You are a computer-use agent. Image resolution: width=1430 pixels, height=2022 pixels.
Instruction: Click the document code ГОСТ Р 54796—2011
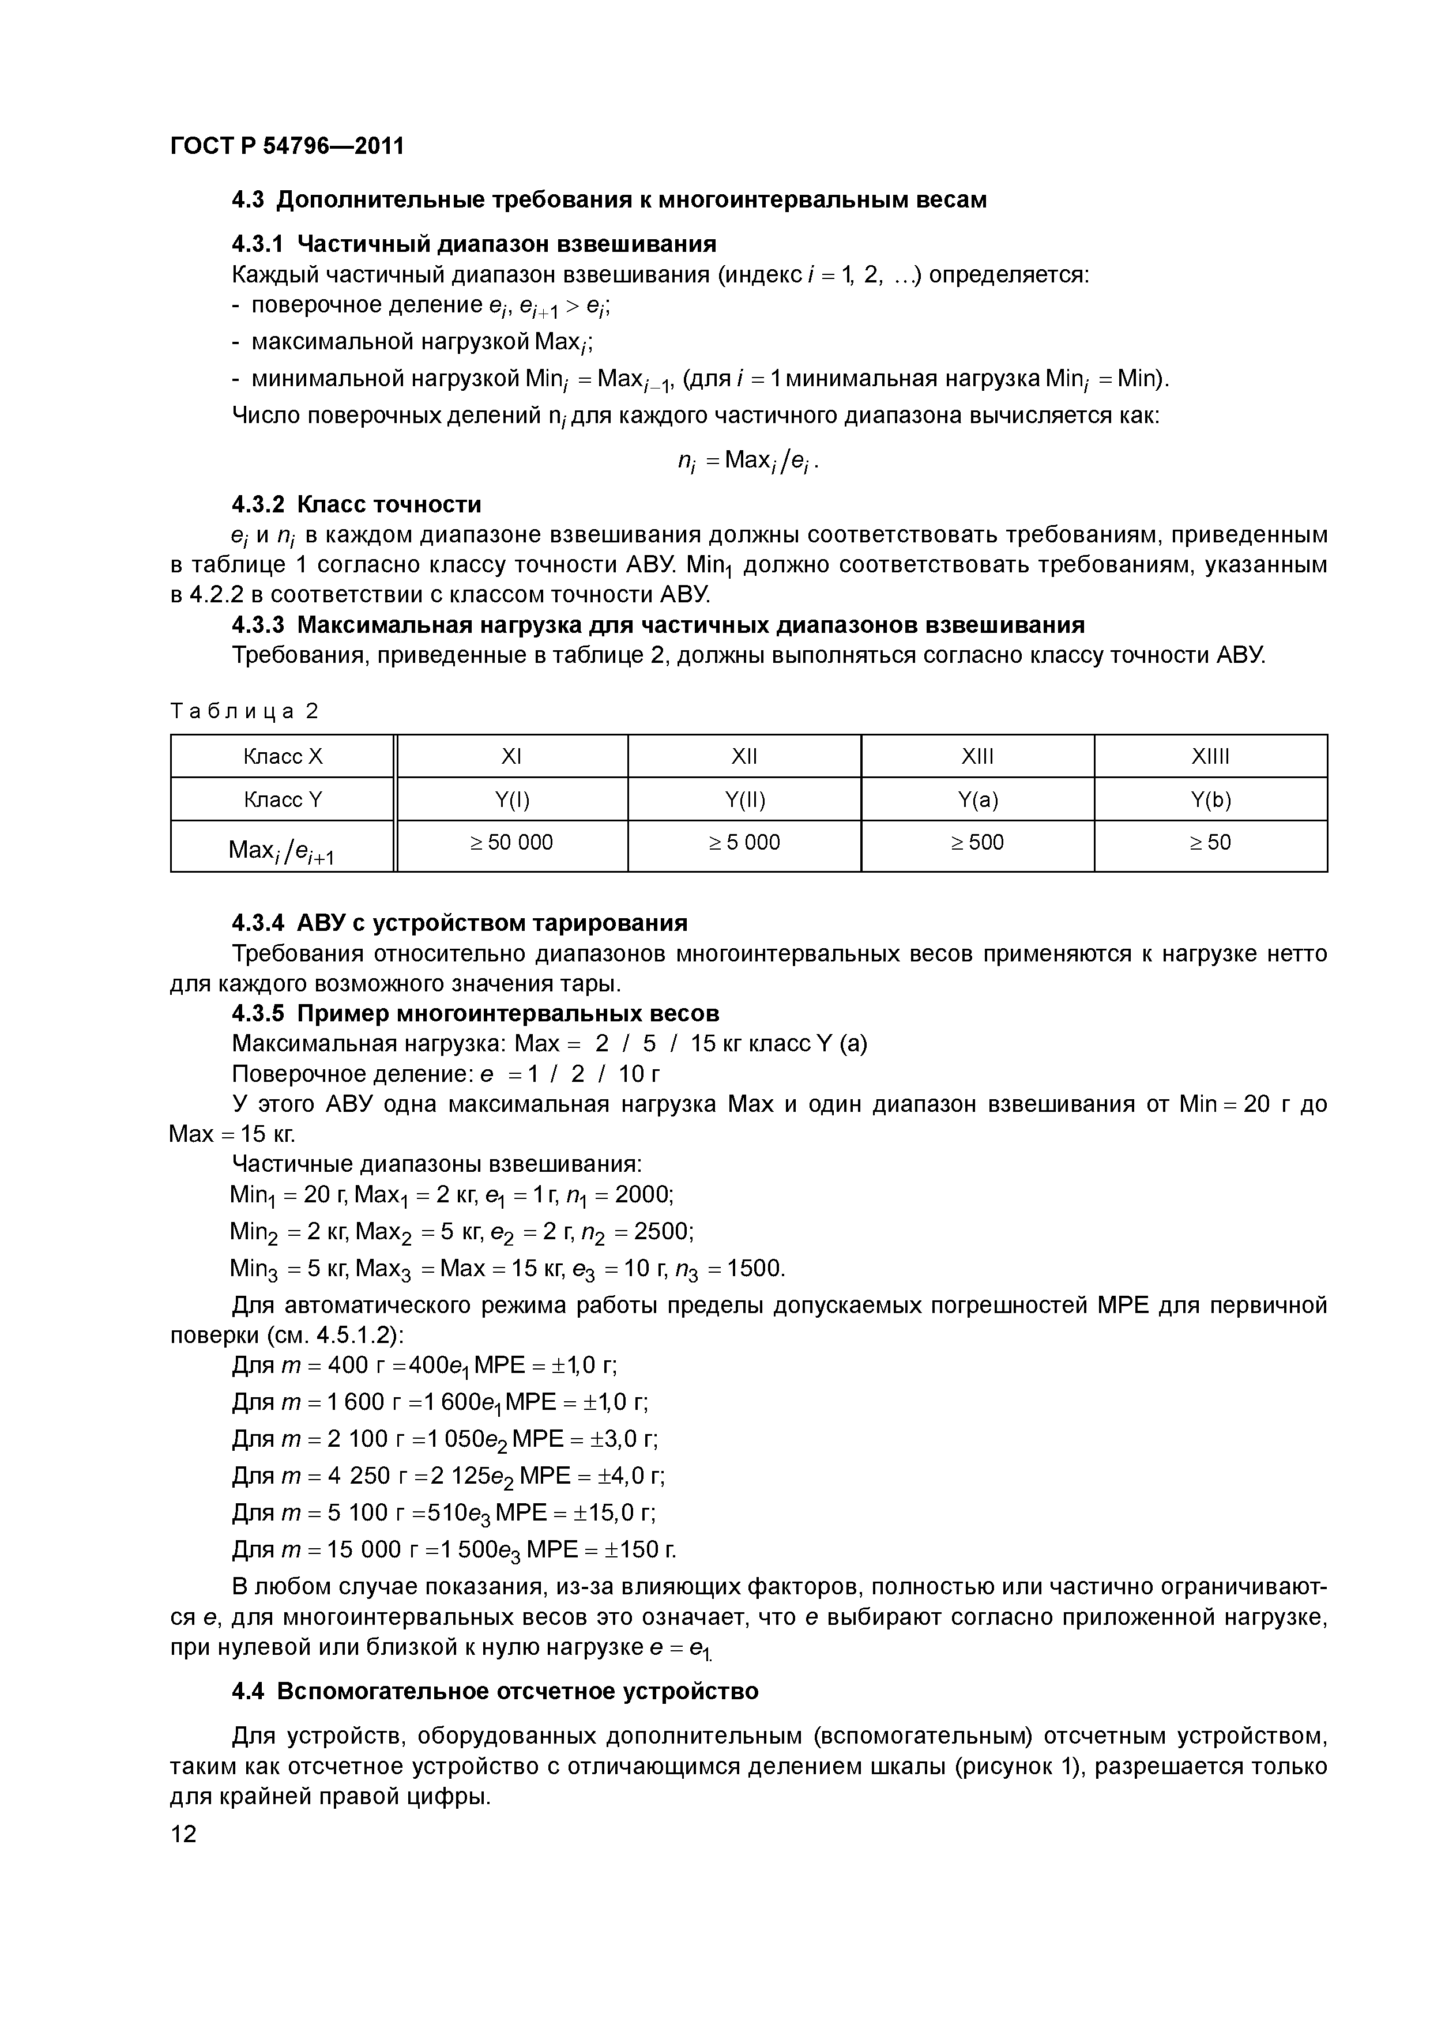287,145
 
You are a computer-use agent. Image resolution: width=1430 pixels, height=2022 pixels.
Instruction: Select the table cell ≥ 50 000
512,843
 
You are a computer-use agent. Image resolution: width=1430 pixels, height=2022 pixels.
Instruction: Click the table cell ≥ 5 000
744,843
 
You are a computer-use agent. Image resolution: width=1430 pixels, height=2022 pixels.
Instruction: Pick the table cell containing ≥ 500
977,843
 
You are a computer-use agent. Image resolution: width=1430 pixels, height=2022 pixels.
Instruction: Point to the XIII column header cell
977,756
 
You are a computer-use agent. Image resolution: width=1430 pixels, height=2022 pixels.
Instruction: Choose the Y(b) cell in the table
1211,799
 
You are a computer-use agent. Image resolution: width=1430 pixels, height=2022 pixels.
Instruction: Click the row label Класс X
283,756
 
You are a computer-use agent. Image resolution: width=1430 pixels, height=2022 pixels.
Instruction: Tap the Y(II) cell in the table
744,799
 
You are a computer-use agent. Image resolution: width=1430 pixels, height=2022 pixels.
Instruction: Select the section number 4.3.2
258,504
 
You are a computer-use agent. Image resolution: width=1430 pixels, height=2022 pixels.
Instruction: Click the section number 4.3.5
258,1014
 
